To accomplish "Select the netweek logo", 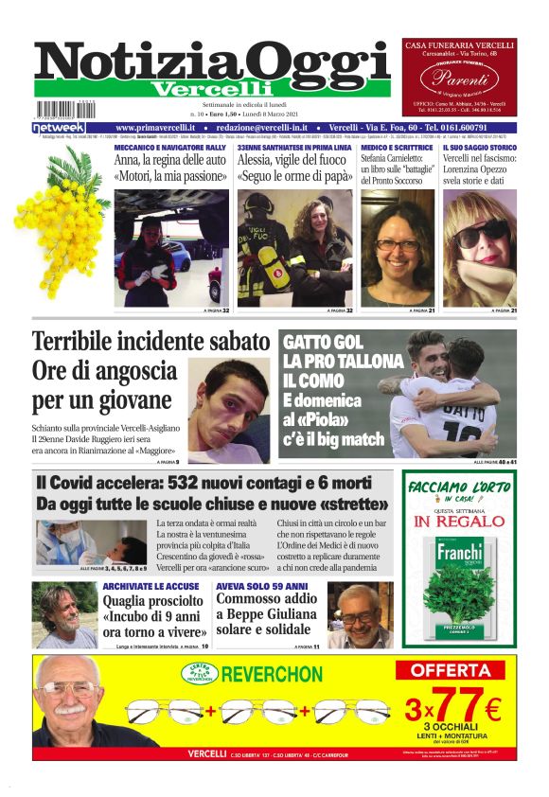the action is click(59, 127).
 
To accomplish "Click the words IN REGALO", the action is click(459, 521).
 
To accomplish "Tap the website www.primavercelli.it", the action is click(155, 127).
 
